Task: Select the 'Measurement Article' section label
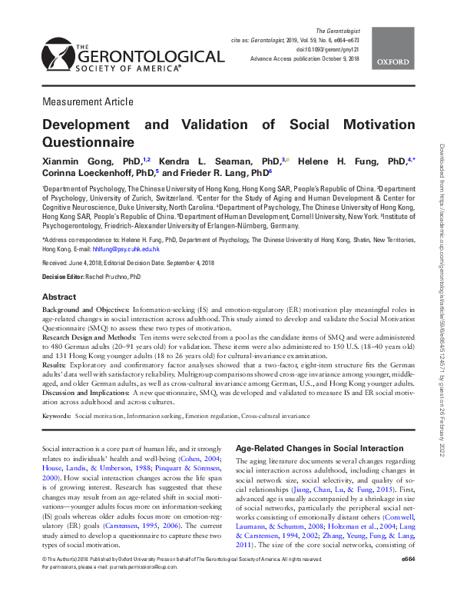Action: point(88,101)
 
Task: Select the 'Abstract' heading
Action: point(58,297)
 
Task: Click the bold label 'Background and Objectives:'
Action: point(85,310)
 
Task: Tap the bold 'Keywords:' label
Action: point(56,416)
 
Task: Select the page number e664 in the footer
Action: point(406,583)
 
